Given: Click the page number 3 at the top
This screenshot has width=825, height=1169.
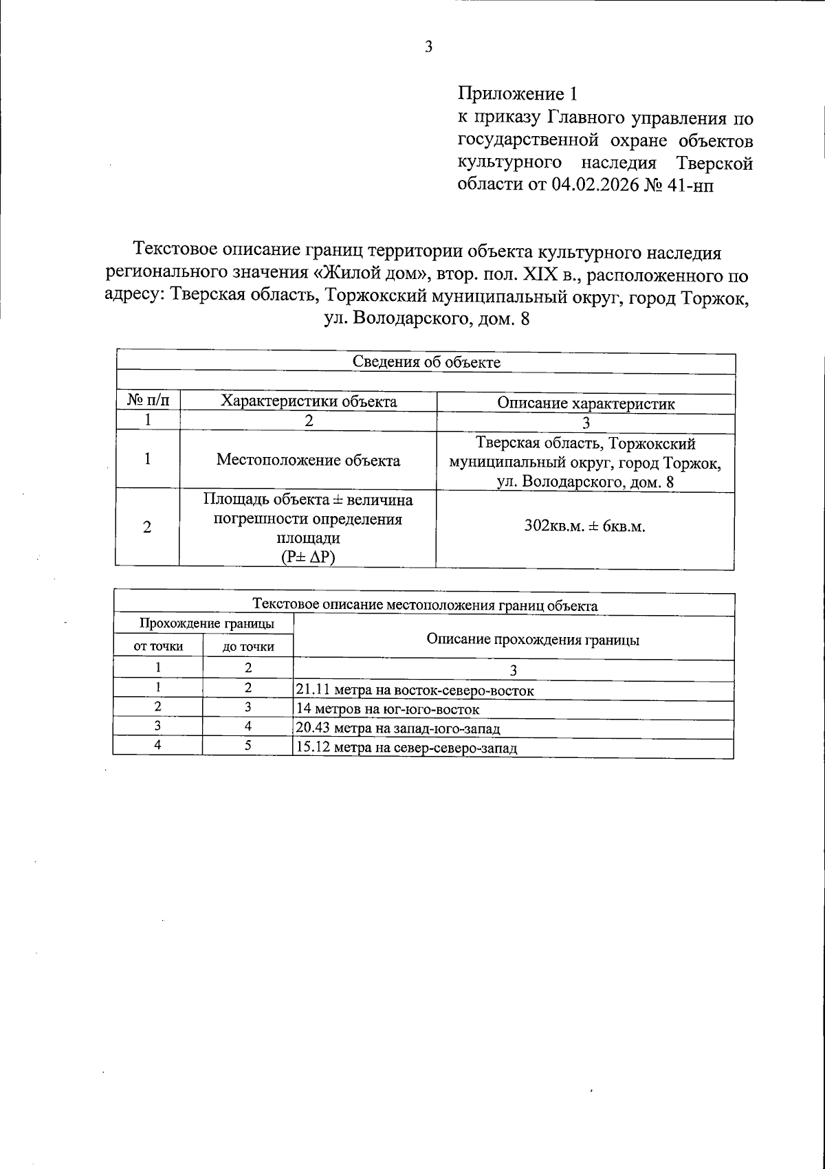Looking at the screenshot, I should point(428,47).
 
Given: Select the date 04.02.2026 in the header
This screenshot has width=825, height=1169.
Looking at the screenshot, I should point(595,186).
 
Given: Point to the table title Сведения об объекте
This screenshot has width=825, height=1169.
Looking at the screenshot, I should point(426,362).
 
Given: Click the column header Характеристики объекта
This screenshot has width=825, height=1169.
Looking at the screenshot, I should point(308,402).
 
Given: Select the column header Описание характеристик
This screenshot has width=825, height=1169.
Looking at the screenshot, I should point(586,403).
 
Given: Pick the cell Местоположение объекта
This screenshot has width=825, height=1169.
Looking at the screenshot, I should point(308,460).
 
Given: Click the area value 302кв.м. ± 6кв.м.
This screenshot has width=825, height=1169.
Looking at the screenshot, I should point(585,527).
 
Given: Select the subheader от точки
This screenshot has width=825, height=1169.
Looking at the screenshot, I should point(158,646).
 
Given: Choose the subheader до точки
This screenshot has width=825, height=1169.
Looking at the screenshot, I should point(247,647).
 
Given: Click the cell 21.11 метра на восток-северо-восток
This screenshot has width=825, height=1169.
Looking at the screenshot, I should point(414,691).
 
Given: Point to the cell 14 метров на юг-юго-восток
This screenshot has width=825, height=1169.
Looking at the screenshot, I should point(386,709).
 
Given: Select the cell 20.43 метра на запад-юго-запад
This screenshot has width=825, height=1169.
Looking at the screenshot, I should point(397,728).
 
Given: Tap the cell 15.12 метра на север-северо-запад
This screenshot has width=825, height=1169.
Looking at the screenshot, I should point(406,748).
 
